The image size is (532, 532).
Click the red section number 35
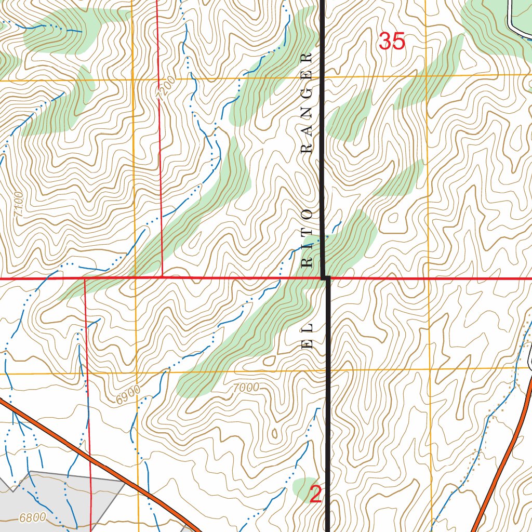click(392, 42)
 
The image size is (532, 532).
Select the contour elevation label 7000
click(246, 387)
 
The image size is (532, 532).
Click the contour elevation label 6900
click(128, 397)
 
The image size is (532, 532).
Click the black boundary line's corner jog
click(326, 278)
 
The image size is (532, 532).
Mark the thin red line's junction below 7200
click(163, 277)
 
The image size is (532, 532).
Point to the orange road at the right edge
click(512, 447)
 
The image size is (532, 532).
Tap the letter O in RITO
click(307, 214)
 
